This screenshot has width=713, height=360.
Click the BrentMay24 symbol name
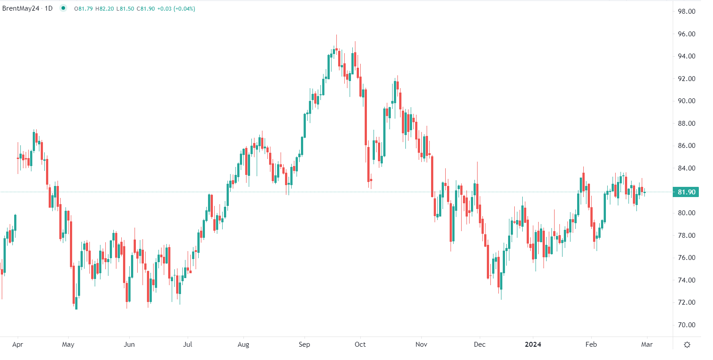(x=21, y=8)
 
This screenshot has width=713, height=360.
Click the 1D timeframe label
(x=49, y=8)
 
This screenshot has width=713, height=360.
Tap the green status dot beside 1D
(x=63, y=8)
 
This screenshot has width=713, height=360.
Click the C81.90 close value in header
(x=146, y=9)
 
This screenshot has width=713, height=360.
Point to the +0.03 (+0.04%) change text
(x=176, y=9)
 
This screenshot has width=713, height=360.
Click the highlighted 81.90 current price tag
(x=686, y=192)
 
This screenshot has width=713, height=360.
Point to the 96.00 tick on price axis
(x=686, y=34)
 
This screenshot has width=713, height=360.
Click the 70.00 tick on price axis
(x=686, y=325)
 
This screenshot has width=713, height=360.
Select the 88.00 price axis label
(x=686, y=124)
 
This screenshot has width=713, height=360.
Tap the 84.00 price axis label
(x=686, y=168)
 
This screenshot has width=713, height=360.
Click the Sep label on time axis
(x=304, y=345)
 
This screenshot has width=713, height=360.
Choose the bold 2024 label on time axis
(x=533, y=345)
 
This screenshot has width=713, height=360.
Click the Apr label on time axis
(x=18, y=345)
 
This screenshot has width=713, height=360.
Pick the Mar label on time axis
(x=647, y=345)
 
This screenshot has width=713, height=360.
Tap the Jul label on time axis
(x=188, y=345)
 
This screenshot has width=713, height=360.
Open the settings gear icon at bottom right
(x=687, y=345)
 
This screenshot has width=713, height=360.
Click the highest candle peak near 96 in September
(x=336, y=36)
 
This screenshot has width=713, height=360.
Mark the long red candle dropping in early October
(x=366, y=117)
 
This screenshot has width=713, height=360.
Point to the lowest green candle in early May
(x=76, y=303)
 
